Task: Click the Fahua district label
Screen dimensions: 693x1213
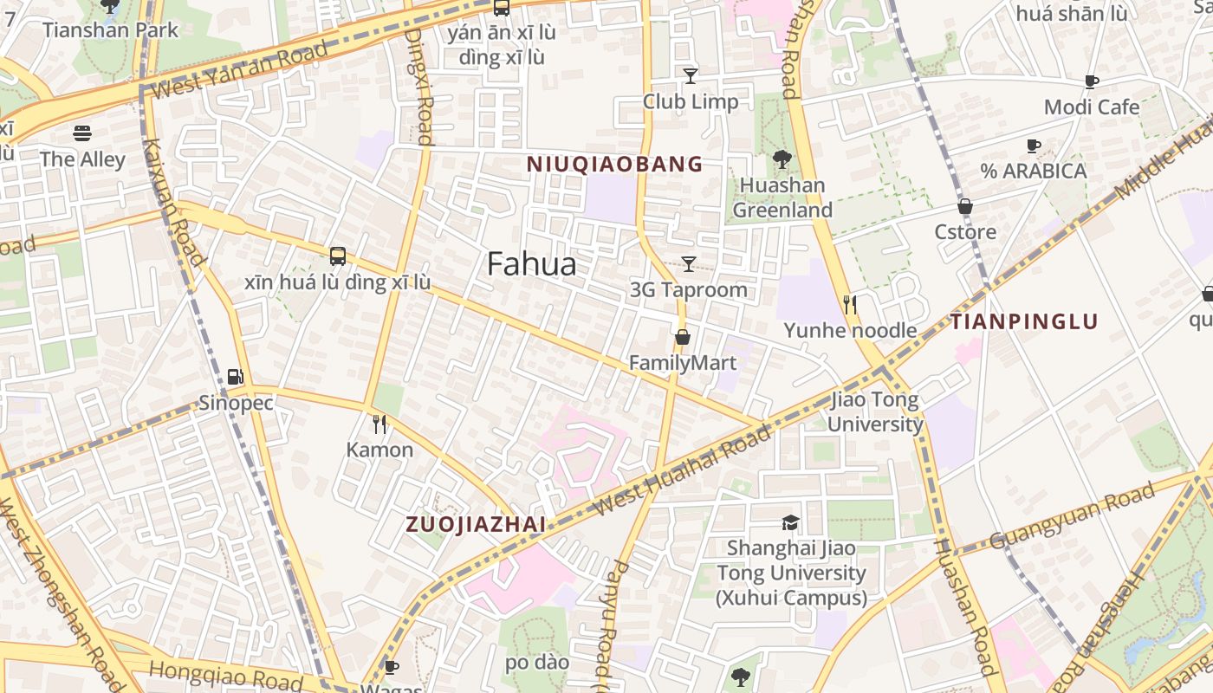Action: pos(531,264)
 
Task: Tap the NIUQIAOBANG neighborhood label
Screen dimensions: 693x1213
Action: pos(614,164)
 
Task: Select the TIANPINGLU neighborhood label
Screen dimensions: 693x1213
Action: pos(1024,322)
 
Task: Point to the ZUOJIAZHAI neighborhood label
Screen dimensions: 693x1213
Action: pos(476,524)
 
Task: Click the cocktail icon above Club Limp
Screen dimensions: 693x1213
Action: pos(690,76)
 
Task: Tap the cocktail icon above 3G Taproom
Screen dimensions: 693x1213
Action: pos(689,264)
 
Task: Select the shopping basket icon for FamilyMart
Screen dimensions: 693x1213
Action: pos(683,337)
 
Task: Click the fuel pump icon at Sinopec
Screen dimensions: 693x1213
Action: pos(235,377)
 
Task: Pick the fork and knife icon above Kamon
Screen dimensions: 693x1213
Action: pos(379,424)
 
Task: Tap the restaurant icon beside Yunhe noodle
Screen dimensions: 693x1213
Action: pos(850,304)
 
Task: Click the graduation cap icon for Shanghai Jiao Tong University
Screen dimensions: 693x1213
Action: pos(790,522)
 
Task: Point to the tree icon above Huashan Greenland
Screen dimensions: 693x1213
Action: pos(782,159)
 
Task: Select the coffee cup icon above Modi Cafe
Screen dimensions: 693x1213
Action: pos(1092,82)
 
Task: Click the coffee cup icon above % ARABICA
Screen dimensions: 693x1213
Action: pos(1033,146)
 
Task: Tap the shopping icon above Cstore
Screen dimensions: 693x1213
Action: pos(964,206)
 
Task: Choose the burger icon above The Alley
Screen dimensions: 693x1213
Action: pos(82,133)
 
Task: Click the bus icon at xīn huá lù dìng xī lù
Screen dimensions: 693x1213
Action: pos(337,256)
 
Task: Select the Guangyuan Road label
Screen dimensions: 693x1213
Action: pos(1073,515)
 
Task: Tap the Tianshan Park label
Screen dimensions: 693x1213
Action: pos(110,29)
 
